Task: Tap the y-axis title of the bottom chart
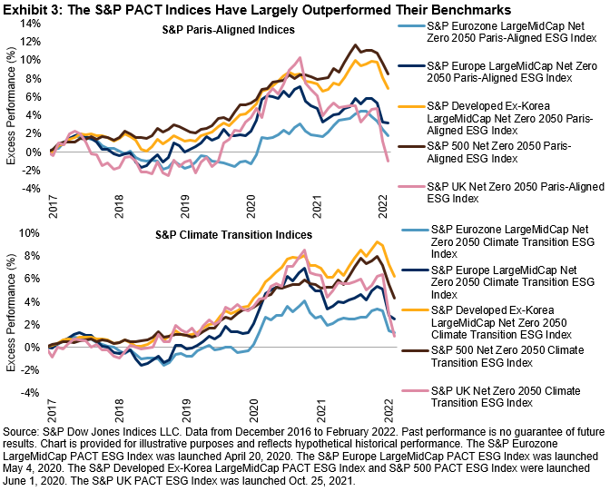coord(11,313)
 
